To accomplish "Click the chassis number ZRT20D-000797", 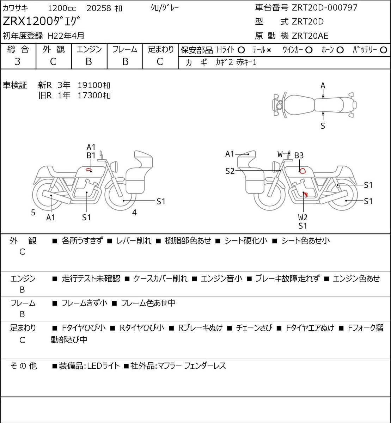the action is (x=324, y=8).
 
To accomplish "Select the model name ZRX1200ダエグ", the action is (x=42, y=21).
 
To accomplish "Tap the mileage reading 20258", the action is (x=99, y=8).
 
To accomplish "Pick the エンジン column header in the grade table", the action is (x=89, y=49).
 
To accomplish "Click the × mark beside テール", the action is (x=269, y=50).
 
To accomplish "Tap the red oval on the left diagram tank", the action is (x=88, y=169).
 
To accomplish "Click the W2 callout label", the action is (x=303, y=217).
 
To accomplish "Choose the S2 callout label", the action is (x=230, y=171).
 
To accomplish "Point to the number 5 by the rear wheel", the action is (x=33, y=212).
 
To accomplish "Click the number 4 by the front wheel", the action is (x=134, y=212).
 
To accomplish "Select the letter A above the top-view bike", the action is (x=323, y=86).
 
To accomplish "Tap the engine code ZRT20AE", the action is (x=310, y=36).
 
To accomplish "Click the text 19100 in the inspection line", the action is (x=90, y=85).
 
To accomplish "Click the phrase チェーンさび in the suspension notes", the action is (x=254, y=328).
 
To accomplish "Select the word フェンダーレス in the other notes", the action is (x=205, y=366).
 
